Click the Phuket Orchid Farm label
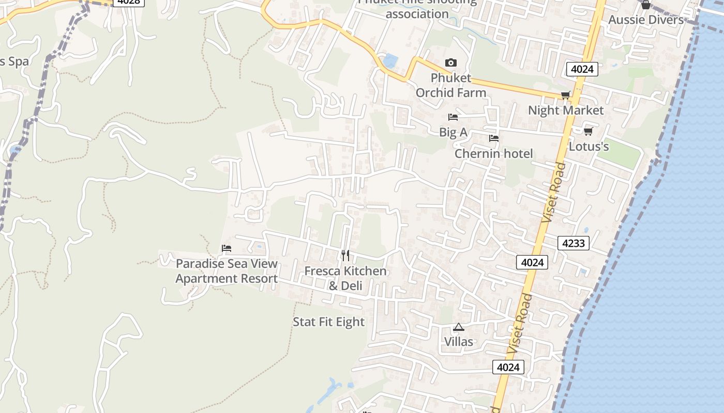point(451,85)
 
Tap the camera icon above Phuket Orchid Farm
point(451,62)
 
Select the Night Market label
point(566,110)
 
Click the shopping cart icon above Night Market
point(565,95)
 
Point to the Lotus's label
point(589,147)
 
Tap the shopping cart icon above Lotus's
point(588,131)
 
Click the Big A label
point(453,132)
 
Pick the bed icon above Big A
point(453,117)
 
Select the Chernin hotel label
point(493,153)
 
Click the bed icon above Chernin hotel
point(494,138)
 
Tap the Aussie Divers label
point(646,20)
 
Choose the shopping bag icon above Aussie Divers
point(645,5)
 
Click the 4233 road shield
point(574,243)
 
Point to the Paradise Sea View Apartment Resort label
point(227,271)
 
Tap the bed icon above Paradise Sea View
point(227,248)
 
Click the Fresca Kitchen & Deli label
point(345,278)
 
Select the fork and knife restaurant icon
point(345,255)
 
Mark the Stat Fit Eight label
point(329,322)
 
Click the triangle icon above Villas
point(459,327)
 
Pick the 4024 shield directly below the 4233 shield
point(532,262)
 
